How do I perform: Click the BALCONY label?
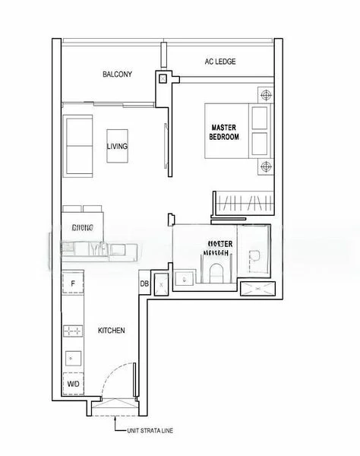tap(118, 74)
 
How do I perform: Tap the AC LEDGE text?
tap(220, 62)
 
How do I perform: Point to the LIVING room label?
tap(117, 146)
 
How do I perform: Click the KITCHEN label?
tap(111, 331)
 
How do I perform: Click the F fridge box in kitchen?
tap(72, 285)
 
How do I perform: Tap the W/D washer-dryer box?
tap(73, 385)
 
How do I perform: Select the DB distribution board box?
tap(144, 284)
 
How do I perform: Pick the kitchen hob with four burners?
tap(74, 330)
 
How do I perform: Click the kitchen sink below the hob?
tap(73, 356)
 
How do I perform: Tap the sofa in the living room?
tap(77, 144)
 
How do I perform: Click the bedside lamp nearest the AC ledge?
tap(264, 95)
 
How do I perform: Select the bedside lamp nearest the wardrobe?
tap(264, 166)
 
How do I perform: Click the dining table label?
tap(82, 227)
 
